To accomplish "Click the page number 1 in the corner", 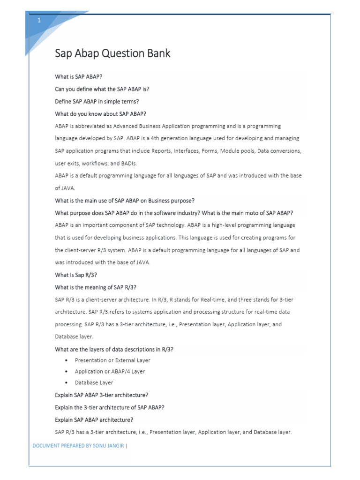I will (39, 21).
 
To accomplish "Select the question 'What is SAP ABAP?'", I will (79, 76).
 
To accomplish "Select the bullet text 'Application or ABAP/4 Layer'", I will (110, 371).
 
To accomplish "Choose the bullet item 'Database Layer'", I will (94, 382).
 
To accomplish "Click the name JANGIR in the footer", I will (117, 446).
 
